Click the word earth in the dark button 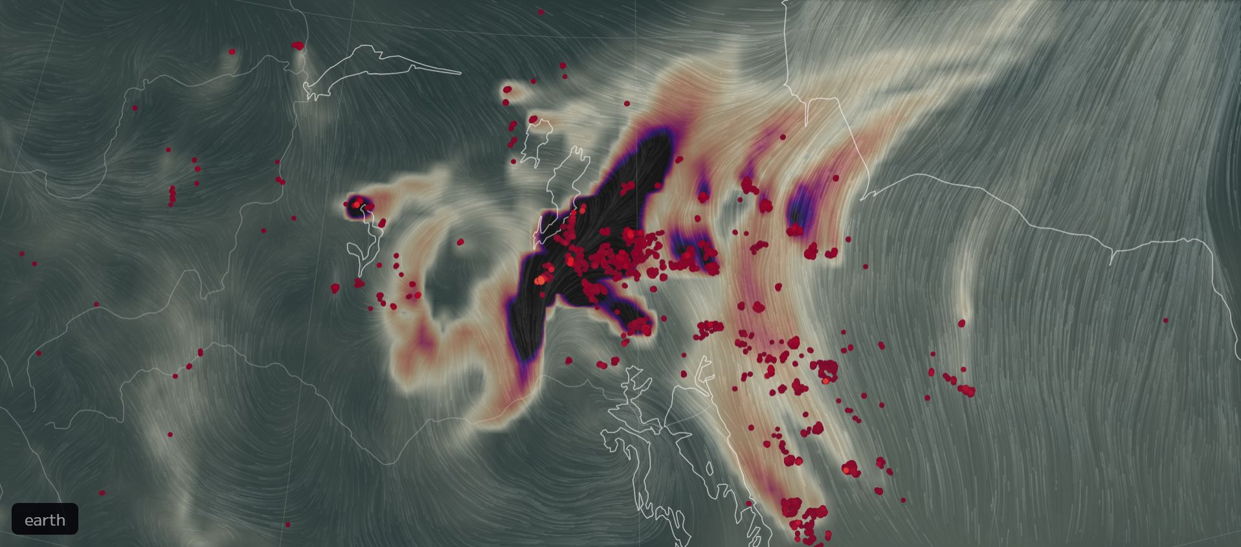[x=45, y=520]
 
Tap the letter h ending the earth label [x=61, y=520]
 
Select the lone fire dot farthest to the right [x=1165, y=320]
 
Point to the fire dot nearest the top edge [x=541, y=12]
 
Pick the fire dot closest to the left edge [x=21, y=254]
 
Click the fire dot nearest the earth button [x=102, y=493]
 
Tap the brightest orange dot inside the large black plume [x=541, y=280]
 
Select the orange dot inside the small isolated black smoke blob [x=355, y=205]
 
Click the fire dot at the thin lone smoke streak [x=961, y=322]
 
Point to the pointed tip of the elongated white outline [x=460, y=73]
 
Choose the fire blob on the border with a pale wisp [x=298, y=45]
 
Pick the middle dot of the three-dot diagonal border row [x=190, y=366]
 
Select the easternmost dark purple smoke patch [x=801, y=207]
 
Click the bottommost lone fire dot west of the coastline [x=287, y=524]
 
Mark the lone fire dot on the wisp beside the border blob [x=232, y=52]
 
